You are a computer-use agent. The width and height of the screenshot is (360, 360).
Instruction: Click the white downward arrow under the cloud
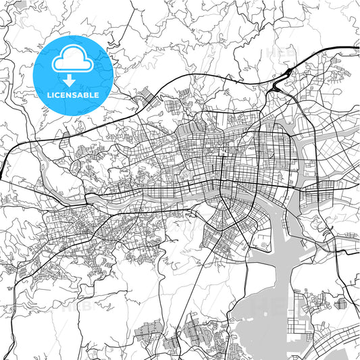coord(70,80)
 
